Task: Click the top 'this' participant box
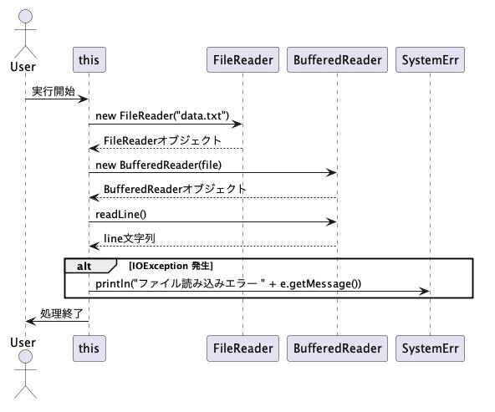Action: coord(89,60)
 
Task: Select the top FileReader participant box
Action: coord(242,60)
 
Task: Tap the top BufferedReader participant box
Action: coord(337,60)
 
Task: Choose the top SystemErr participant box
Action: coord(430,60)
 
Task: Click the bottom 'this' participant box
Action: coord(89,348)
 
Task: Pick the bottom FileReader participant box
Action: coord(242,348)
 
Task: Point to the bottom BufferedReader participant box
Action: coord(337,348)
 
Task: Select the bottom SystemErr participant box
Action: coord(430,348)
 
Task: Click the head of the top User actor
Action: coord(26,16)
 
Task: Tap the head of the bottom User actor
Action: coord(26,357)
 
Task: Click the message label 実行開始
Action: coord(54,91)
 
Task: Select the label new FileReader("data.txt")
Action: coord(162,116)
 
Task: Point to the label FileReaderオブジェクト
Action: coord(162,140)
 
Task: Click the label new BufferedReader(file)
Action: coord(159,165)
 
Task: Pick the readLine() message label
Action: coord(121,215)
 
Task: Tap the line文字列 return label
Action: coord(130,238)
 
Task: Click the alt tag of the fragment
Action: coord(84,267)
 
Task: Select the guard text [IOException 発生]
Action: coord(171,266)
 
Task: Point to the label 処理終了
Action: coord(62,313)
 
